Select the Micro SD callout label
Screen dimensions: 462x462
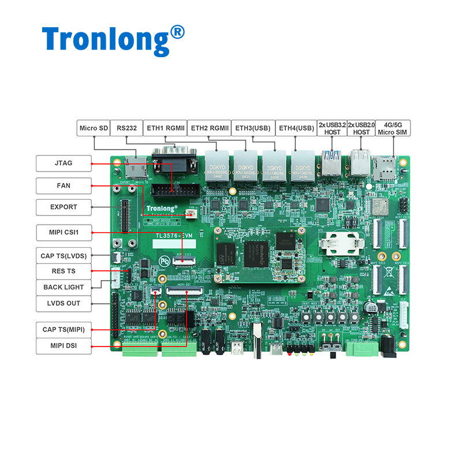94,128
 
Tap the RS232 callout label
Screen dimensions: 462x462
127,128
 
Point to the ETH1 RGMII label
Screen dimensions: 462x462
165,128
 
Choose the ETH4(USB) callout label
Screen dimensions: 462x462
296,128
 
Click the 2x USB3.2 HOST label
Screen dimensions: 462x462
332,128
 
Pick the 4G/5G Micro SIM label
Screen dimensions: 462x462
393,128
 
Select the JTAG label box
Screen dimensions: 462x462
64,163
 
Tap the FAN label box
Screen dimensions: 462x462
64,186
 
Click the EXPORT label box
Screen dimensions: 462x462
64,207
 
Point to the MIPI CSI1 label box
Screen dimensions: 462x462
64,233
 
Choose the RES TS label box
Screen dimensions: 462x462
64,271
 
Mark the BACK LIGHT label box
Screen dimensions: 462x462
64,287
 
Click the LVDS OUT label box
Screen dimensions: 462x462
64,303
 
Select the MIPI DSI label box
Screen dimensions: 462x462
64,346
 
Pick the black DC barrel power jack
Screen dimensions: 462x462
389,346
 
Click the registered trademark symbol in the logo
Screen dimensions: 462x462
178,31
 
